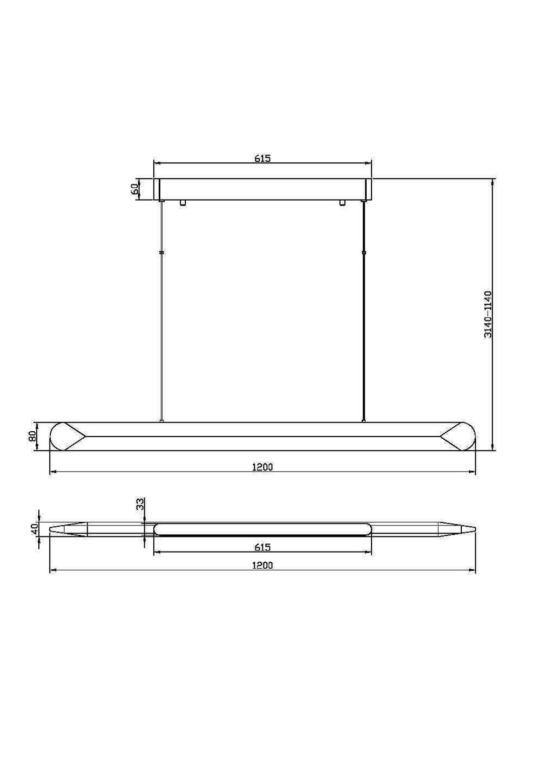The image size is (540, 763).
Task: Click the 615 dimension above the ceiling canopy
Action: [x=262, y=158]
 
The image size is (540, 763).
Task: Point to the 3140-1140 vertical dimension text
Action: [x=488, y=314]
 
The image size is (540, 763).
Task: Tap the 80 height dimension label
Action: [x=32, y=436]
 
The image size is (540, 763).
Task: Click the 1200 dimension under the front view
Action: [x=262, y=467]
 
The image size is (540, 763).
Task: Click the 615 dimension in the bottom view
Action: [x=262, y=547]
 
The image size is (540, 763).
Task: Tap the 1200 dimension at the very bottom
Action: [x=262, y=565]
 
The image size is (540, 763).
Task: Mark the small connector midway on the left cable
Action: [x=161, y=253]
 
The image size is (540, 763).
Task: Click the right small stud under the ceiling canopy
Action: [x=342, y=203]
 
